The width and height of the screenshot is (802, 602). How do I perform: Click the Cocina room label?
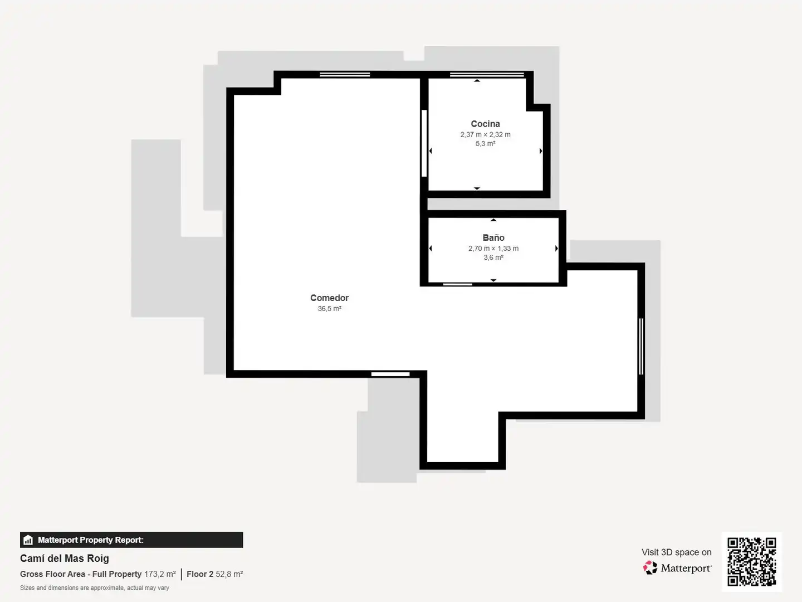[485, 124]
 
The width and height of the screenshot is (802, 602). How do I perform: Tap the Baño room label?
[493, 237]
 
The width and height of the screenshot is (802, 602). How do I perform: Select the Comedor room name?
[329, 298]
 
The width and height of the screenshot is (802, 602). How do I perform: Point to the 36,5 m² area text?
[329, 308]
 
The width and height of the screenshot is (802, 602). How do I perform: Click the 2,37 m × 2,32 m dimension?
[485, 134]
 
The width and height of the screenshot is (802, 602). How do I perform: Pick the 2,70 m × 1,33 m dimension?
[493, 248]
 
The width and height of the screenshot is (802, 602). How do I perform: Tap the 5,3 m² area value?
[485, 144]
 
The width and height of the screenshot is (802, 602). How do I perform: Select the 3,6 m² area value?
[493, 258]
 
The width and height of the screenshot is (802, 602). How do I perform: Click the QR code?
[751, 561]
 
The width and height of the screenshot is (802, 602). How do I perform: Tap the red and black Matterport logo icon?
[650, 567]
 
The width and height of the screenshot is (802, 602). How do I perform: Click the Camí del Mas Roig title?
[64, 559]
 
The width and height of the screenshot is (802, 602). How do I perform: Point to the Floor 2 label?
[200, 574]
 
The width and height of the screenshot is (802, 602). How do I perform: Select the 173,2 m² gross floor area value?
[160, 574]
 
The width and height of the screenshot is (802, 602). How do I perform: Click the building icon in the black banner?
[28, 540]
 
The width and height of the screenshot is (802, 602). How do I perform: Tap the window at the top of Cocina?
[487, 75]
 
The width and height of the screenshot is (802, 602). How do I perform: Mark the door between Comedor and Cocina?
[424, 143]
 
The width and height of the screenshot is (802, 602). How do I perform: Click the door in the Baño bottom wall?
[457, 284]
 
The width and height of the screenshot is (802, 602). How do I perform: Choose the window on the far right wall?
[641, 347]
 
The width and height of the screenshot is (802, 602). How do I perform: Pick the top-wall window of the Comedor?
[345, 75]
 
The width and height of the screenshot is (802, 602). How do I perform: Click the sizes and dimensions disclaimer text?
[95, 588]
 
